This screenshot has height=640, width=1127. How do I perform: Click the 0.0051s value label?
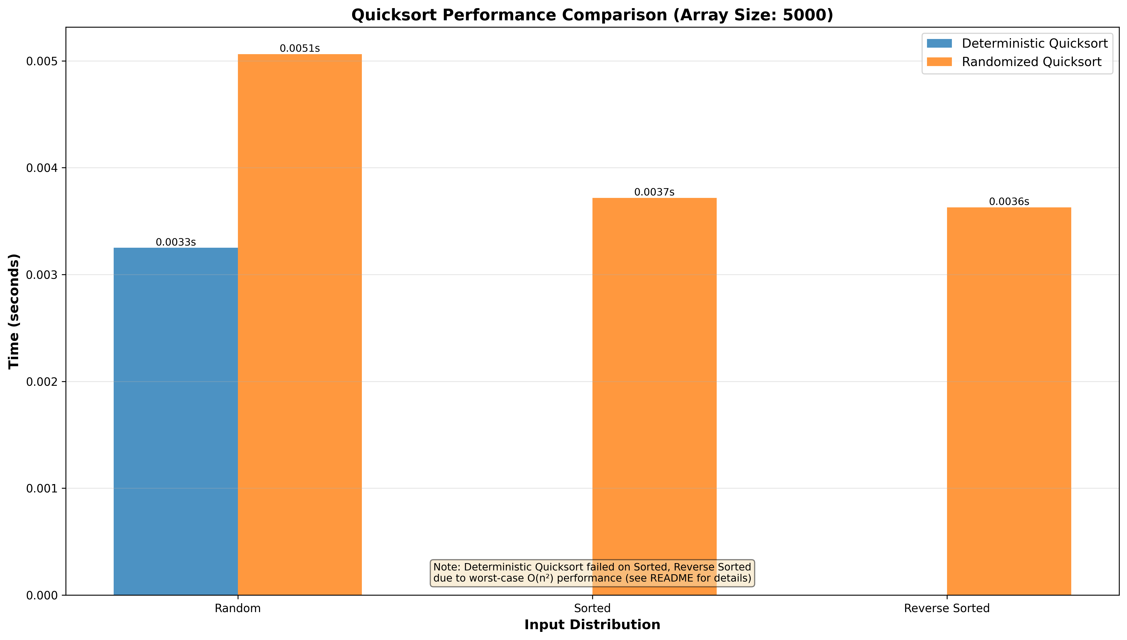pyautogui.click(x=300, y=48)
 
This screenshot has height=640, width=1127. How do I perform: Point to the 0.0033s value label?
pyautogui.click(x=176, y=242)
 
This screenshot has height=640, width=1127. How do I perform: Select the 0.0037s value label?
pyautogui.click(x=654, y=192)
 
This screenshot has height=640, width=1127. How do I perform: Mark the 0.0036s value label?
pyautogui.click(x=1009, y=202)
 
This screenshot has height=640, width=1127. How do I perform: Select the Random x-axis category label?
pyautogui.click(x=238, y=608)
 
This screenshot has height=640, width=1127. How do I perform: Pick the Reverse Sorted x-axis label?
pyautogui.click(x=947, y=608)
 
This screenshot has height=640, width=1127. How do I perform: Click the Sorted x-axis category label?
pyautogui.click(x=592, y=608)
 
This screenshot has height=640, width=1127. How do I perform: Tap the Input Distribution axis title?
pyautogui.click(x=592, y=625)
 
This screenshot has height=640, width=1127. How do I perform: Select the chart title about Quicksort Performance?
pyautogui.click(x=592, y=15)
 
